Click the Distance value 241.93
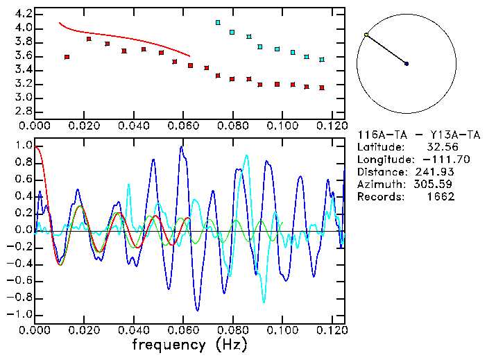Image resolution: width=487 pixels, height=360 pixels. coord(436,171)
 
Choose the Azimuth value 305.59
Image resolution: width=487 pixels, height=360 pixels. coord(436,184)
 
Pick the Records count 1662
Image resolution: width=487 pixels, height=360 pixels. coord(441,196)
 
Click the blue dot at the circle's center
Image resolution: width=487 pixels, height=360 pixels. coord(407,64)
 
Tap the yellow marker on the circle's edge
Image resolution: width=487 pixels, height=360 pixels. coord(366,35)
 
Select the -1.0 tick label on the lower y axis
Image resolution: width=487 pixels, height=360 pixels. coord(19,314)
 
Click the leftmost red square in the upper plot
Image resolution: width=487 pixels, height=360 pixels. coord(67,57)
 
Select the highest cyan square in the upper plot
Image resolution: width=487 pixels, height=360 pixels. coord(218,23)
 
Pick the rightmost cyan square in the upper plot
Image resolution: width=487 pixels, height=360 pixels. coord(322,60)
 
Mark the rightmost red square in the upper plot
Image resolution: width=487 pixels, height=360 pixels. coord(322,87)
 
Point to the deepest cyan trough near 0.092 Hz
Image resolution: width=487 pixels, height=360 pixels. coord(264,302)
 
